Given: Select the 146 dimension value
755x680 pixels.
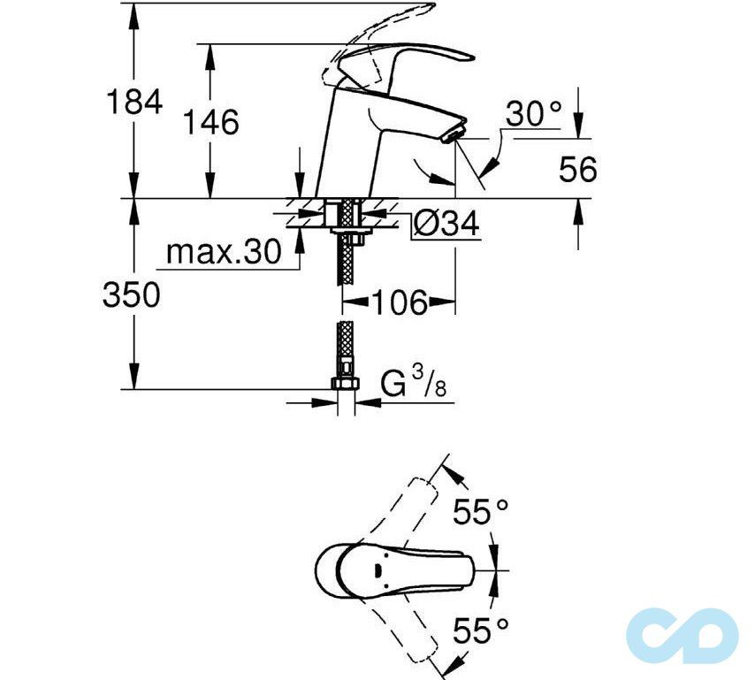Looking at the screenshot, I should click(211, 122).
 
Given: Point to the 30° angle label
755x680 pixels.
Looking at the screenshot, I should click(534, 113).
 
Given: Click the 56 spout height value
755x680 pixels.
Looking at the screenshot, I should click(578, 170).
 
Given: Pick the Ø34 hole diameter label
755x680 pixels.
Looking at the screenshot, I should click(446, 225).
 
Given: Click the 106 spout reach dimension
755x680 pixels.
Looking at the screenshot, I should click(398, 302).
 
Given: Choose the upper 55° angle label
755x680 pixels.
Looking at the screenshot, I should click(481, 511).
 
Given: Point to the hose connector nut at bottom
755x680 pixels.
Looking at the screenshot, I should click(344, 385).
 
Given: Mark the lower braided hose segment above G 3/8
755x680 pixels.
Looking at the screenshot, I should click(344, 350).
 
